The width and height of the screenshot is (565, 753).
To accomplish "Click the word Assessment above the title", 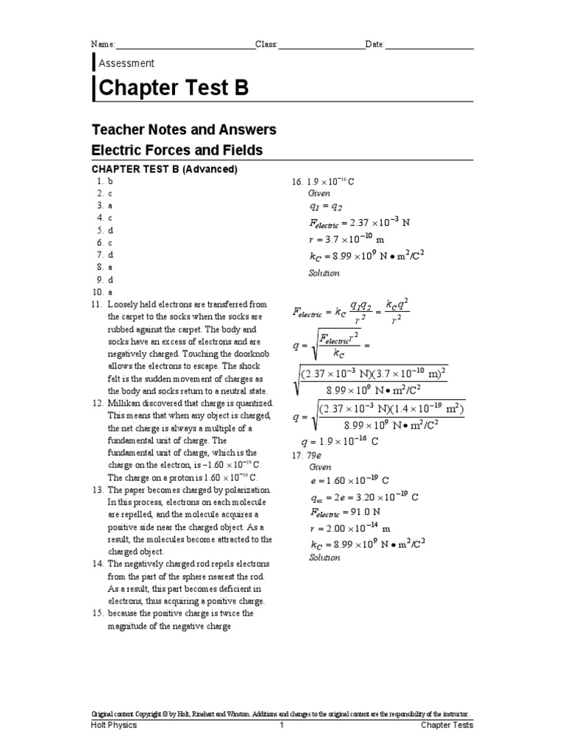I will click(126, 63).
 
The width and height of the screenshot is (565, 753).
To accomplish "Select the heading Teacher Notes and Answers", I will click(183, 130).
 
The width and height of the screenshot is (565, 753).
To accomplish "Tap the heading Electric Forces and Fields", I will click(177, 151).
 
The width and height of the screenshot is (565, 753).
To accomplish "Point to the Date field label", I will click(374, 45).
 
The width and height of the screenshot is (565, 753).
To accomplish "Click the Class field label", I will click(266, 45).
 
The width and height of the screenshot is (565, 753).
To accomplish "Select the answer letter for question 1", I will click(110, 181).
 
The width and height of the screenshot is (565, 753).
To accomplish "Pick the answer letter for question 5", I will click(110, 230).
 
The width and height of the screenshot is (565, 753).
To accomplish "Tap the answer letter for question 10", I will click(110, 292).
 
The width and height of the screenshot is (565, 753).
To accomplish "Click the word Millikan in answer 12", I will click(126, 404).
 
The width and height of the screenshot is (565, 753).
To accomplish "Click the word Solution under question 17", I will click(324, 557).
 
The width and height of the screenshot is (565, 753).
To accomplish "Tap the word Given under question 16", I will click(320, 193).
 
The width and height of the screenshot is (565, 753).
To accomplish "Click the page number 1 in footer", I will click(281, 725).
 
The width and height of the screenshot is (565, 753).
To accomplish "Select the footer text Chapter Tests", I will click(447, 725).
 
